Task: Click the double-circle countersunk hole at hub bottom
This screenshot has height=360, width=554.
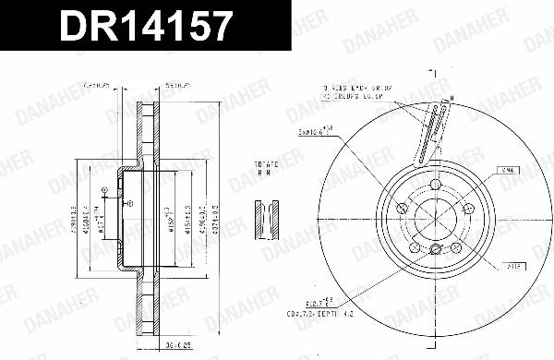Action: tap(435, 249)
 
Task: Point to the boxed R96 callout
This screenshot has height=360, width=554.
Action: tap(505, 170)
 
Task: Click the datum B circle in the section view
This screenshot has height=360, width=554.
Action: tap(104, 192)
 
